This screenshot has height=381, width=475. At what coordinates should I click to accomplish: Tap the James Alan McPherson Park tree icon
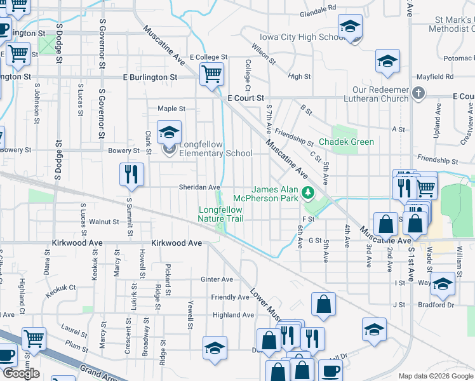(x=309, y=192)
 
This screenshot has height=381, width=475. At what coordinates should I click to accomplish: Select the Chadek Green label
(x=346, y=142)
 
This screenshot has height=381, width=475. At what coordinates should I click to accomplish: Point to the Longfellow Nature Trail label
(x=222, y=214)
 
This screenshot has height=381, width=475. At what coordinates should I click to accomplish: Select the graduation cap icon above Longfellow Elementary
(x=169, y=131)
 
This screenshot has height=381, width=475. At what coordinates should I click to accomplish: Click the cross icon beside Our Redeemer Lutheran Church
(x=418, y=94)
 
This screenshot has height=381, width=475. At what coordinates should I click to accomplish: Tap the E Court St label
(x=245, y=98)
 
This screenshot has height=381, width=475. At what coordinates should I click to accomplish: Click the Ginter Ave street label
(x=217, y=279)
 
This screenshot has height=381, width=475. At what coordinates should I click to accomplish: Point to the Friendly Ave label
(x=230, y=297)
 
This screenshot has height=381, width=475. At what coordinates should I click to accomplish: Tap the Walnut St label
(x=104, y=222)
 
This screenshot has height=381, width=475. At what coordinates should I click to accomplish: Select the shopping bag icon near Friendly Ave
(x=323, y=304)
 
